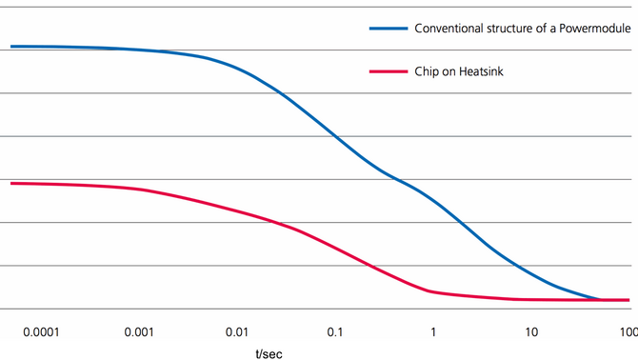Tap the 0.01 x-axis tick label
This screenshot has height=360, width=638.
click(237, 332)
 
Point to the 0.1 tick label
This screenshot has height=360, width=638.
click(335, 332)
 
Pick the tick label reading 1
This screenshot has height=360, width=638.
click(433, 332)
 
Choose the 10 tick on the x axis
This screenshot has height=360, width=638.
click(531, 332)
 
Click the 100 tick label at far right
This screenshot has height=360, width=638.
click(628, 332)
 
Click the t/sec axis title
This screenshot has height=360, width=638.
click(269, 352)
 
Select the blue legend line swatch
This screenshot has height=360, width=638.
click(388, 29)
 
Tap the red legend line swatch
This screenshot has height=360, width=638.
click(388, 70)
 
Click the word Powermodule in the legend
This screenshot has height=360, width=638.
click(598, 29)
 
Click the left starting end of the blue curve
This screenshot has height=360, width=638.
click(10, 46)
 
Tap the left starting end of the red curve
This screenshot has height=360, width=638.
click(10, 183)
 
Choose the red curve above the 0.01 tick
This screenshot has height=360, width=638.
click(237, 210)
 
